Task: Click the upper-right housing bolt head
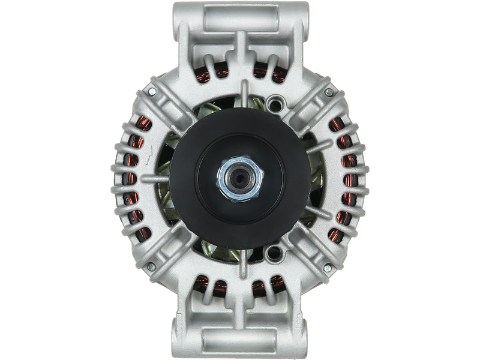[329, 92]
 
